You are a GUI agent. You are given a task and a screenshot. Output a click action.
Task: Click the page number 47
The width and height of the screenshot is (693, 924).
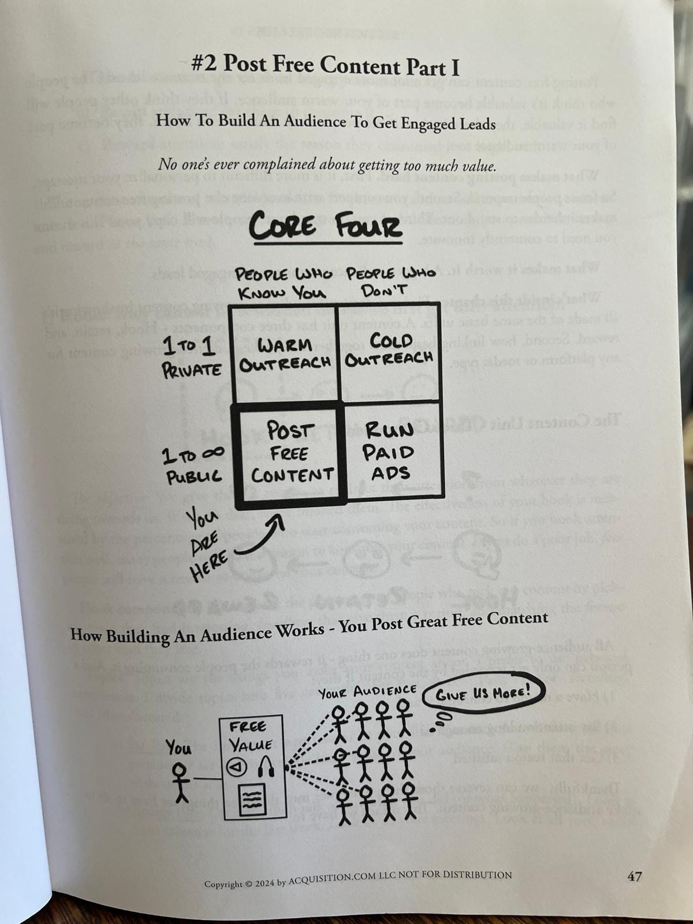click(634, 876)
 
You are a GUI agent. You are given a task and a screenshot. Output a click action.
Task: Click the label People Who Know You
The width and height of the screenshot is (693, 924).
click(284, 283)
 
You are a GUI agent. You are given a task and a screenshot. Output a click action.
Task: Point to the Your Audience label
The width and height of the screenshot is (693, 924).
click(367, 691)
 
